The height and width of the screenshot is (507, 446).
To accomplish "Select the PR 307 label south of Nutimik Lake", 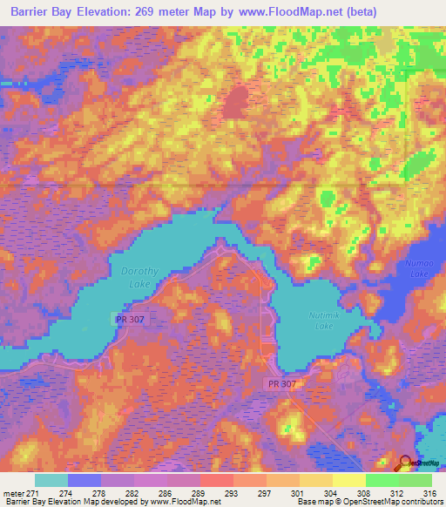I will pos(281,382).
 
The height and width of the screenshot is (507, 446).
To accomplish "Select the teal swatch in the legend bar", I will pos(51,480).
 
